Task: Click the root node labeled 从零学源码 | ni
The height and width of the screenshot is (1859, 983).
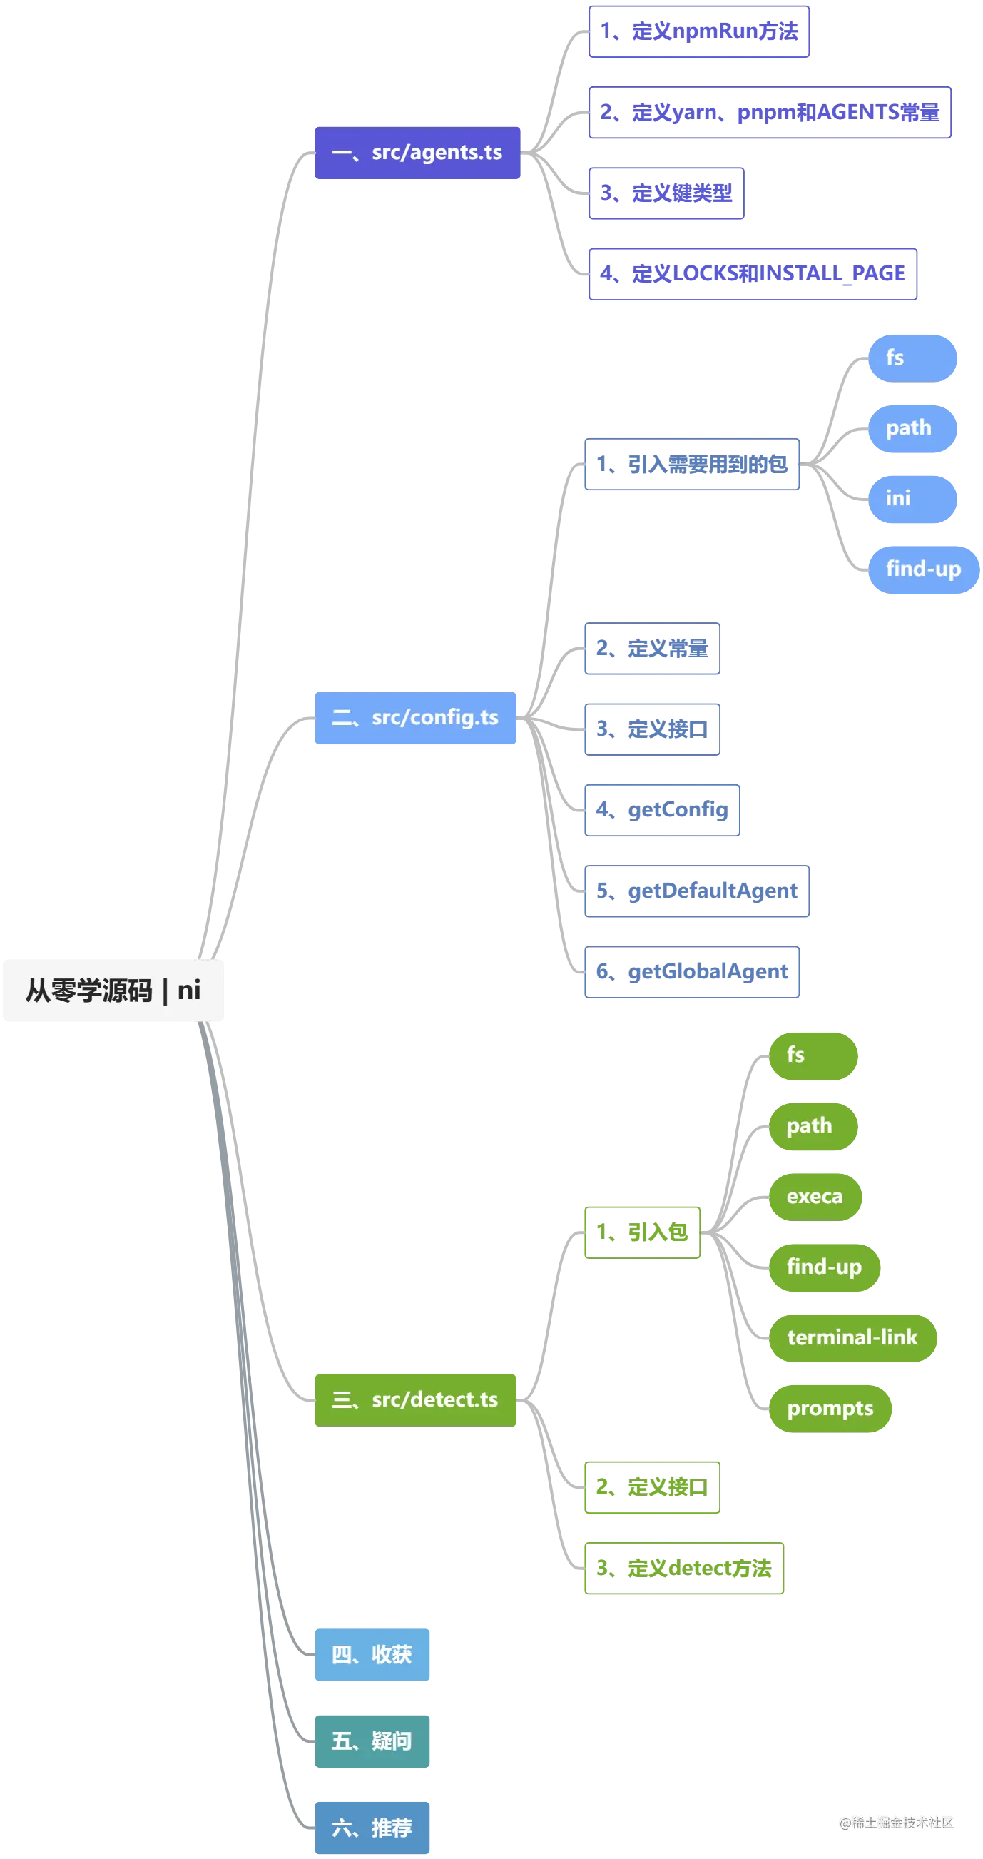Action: click(x=113, y=990)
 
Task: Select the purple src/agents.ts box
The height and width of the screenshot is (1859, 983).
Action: click(x=417, y=153)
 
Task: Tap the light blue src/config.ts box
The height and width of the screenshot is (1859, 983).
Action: click(x=416, y=718)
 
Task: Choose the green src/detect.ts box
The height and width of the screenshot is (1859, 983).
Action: click(x=416, y=1399)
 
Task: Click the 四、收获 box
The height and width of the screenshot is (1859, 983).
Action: click(x=373, y=1655)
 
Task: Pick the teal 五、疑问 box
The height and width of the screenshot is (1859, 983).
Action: click(x=373, y=1741)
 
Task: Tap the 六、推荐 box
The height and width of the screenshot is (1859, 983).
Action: click(x=373, y=1828)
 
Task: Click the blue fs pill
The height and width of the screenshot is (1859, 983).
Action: click(x=912, y=358)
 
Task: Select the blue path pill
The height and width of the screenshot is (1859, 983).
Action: click(x=912, y=428)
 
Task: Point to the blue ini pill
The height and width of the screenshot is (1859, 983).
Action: click(x=912, y=498)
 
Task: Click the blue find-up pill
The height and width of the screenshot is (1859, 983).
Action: click(x=923, y=569)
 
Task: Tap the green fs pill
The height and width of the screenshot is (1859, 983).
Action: click(x=813, y=1055)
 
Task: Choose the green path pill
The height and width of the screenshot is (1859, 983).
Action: click(x=813, y=1126)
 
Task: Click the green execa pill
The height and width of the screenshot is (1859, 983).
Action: click(x=815, y=1197)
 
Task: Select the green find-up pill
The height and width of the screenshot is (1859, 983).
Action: click(x=825, y=1267)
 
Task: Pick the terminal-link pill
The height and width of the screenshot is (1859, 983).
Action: click(x=852, y=1337)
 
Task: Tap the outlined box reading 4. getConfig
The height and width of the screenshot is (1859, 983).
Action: click(x=661, y=811)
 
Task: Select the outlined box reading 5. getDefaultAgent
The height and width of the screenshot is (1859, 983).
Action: click(x=696, y=891)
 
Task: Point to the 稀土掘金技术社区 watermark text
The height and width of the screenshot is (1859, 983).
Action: click(x=896, y=1821)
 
